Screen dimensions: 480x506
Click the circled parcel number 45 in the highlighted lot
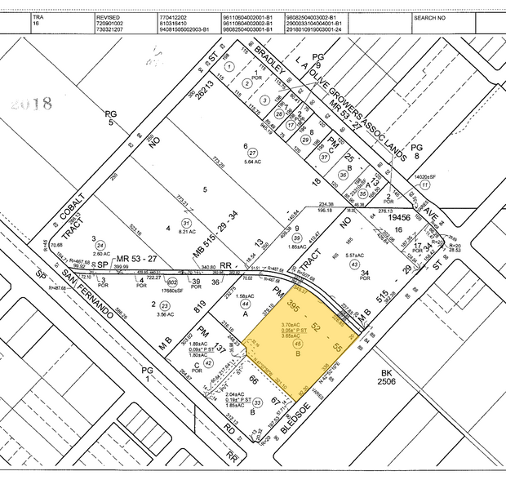click(x=295, y=344)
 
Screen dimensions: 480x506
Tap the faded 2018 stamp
click(x=33, y=104)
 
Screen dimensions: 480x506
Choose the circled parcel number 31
click(x=187, y=223)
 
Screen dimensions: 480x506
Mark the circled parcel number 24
click(x=100, y=245)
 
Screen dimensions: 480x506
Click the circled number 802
click(x=172, y=282)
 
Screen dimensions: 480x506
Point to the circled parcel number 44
click(x=245, y=303)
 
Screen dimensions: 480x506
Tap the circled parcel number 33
click(x=258, y=402)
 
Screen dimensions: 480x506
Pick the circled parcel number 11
click(x=425, y=186)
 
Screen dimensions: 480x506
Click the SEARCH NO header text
click(x=454, y=16)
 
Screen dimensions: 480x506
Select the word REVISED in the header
click(x=108, y=16)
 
